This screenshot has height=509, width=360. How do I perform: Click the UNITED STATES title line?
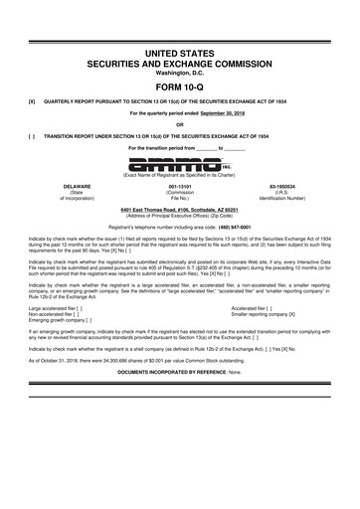[x=179, y=50]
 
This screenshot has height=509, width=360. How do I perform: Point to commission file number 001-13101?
[x=179, y=185]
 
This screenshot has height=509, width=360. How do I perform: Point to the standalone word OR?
[x=179, y=124]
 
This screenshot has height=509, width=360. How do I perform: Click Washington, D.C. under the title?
[x=179, y=70]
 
